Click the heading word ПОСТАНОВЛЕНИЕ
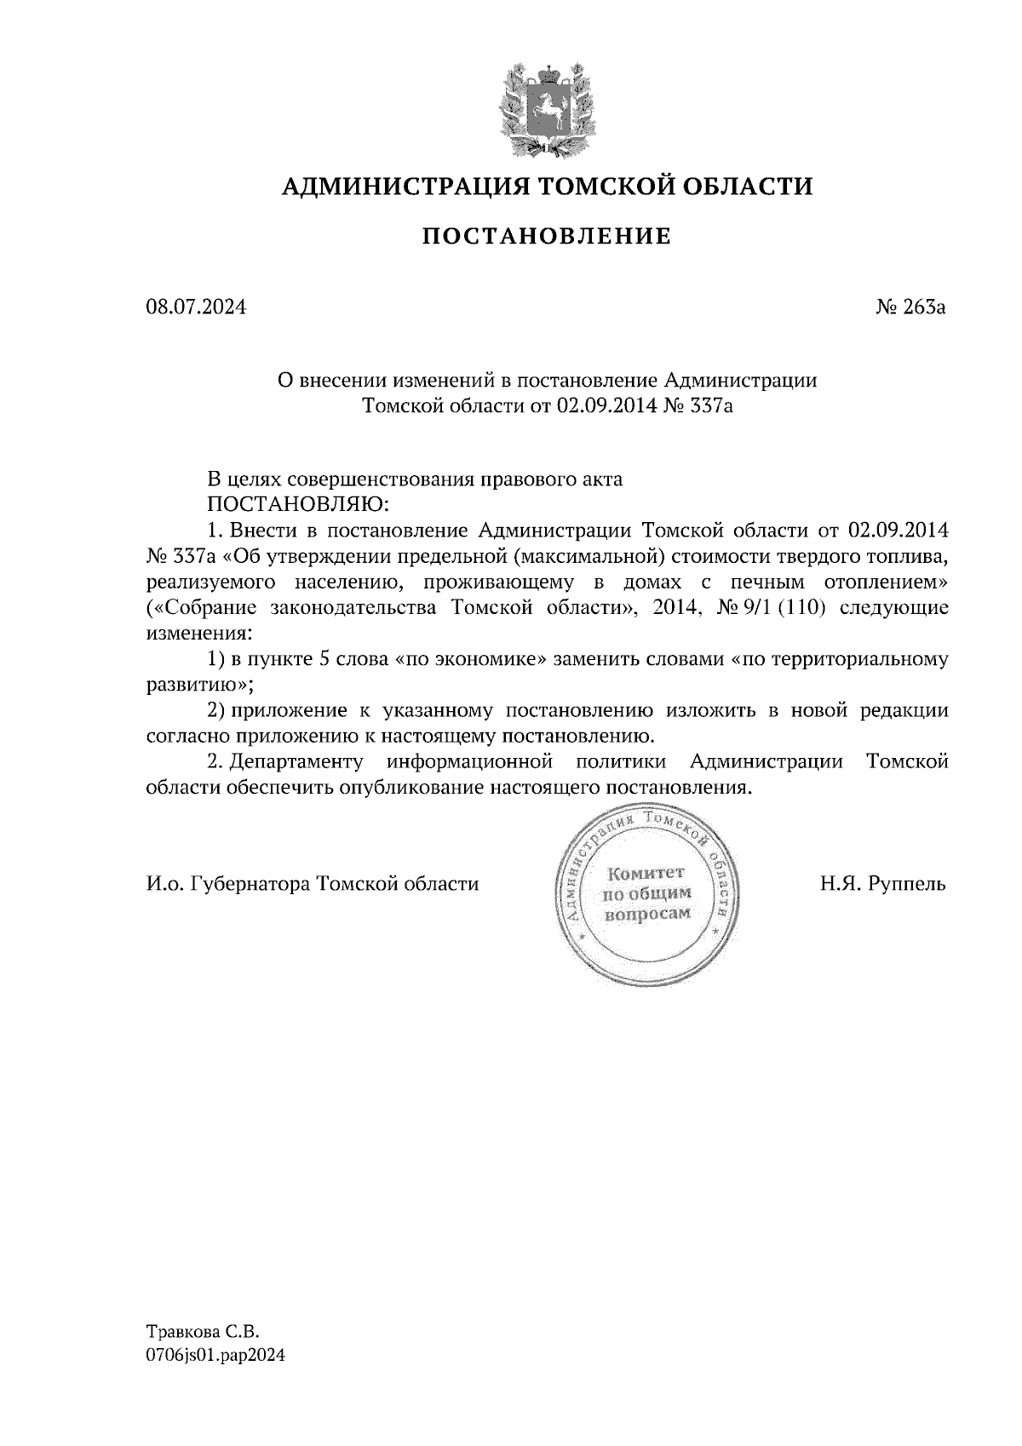pos(547,236)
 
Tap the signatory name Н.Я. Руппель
pos(883,883)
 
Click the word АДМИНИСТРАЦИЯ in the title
pos(397,186)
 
